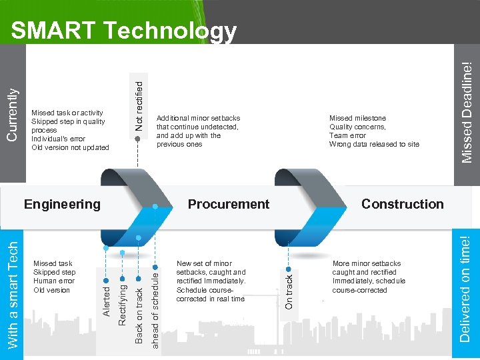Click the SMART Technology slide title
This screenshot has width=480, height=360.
coord(124,31)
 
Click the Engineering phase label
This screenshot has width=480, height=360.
coord(62,204)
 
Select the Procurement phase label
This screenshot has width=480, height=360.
coord(229,204)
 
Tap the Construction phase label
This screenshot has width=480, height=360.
coord(402,204)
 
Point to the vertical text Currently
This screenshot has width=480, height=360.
coord(12,114)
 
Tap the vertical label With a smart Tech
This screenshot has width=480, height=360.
coord(13,293)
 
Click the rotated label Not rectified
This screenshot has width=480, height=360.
coord(139,105)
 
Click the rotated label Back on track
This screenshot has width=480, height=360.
coord(139,315)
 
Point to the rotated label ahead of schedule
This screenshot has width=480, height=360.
coord(155,307)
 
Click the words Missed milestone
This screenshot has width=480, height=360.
coord(357,118)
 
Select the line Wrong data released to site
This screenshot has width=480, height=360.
coord(374,144)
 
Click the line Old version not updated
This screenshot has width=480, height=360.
coord(70,147)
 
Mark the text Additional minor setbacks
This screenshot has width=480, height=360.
coord(198,118)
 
